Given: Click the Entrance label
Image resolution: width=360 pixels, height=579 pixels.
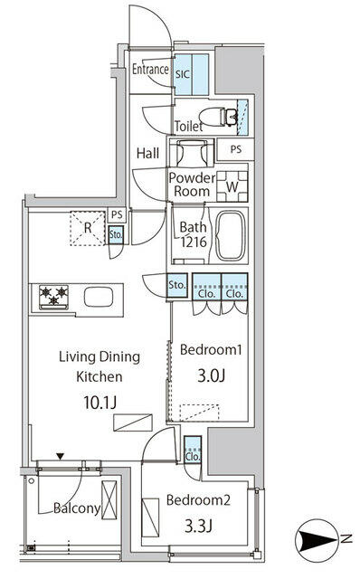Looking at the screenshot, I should [x=150, y=70].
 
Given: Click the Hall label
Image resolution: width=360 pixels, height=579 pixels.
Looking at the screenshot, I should [x=147, y=154].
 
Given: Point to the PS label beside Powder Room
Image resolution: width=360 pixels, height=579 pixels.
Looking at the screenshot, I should [x=236, y=150].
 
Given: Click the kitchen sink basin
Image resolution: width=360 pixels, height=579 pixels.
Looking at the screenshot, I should [x=97, y=296].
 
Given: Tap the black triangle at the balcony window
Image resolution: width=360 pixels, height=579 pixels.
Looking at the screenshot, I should [x=60, y=457].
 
